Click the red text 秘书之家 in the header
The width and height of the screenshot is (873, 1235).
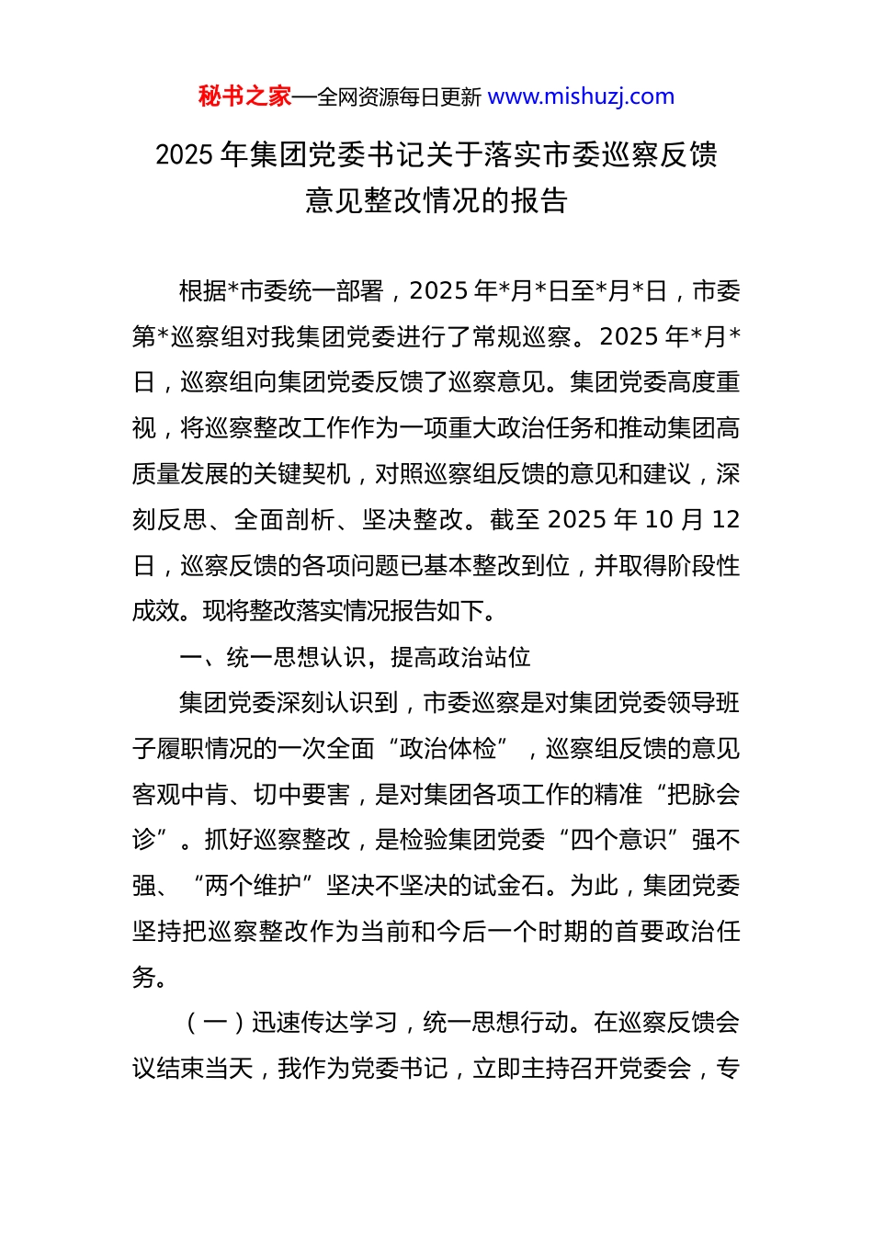pyautogui.click(x=244, y=96)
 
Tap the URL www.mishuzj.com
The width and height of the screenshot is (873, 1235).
pyautogui.click(x=581, y=96)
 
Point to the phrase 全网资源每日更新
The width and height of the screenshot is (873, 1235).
pyautogui.click(x=399, y=97)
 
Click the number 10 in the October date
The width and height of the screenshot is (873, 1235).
pyautogui.click(x=659, y=520)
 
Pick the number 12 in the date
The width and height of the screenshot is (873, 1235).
pyautogui.click(x=725, y=520)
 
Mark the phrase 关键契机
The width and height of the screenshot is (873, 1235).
pyautogui.click(x=301, y=474)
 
